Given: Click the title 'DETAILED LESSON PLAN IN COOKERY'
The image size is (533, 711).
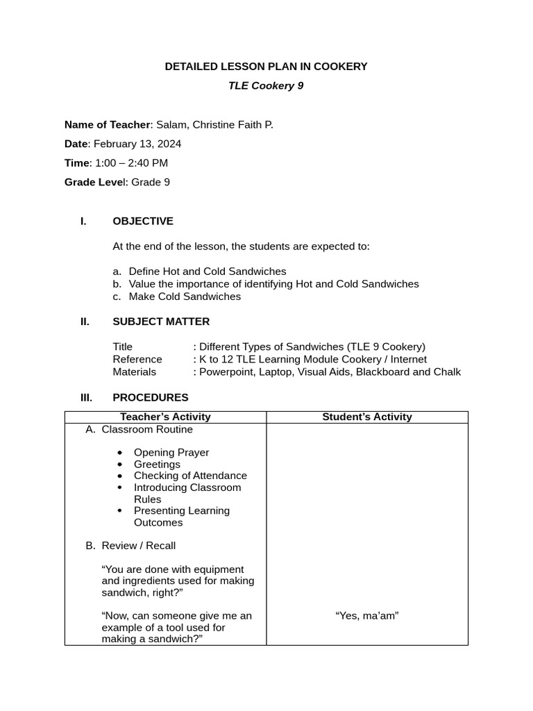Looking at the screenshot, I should (x=266, y=67).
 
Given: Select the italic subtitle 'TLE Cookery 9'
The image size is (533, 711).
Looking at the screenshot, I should (x=266, y=86).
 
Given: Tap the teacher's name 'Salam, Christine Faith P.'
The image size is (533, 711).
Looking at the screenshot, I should (x=214, y=125).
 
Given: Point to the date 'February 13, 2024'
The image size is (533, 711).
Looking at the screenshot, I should (x=137, y=144).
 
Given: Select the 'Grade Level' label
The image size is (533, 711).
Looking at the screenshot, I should (x=96, y=183).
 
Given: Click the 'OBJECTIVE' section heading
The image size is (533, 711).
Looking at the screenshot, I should (x=142, y=221).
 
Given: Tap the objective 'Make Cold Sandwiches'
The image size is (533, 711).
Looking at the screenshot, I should (x=185, y=296).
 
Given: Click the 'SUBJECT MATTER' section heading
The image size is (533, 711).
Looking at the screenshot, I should (x=160, y=321).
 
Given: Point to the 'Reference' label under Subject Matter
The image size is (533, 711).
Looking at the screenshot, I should (x=137, y=360).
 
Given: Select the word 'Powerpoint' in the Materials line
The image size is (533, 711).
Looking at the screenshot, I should (x=224, y=372).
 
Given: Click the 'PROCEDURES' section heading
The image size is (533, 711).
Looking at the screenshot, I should (x=150, y=398).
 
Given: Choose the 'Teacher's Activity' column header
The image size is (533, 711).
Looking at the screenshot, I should (x=165, y=417).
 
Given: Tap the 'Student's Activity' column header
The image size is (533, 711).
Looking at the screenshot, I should (x=366, y=417).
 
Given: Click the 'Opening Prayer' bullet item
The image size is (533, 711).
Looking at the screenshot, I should (x=171, y=453).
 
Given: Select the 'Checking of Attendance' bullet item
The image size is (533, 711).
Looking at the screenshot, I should (x=190, y=476).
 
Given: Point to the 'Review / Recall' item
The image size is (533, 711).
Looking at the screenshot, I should (x=138, y=546).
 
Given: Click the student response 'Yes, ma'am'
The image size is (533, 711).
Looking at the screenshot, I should (x=366, y=616).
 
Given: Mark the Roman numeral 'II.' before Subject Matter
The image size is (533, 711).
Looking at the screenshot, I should (x=85, y=321).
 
